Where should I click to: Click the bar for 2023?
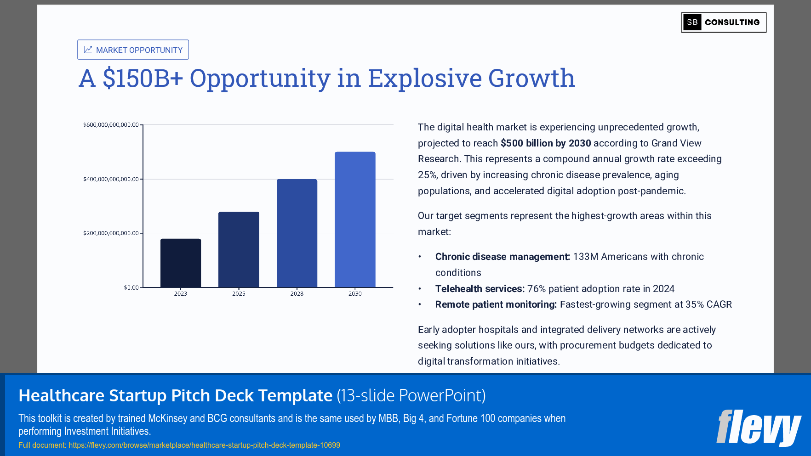tap(181, 263)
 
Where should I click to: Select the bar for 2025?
tap(239, 249)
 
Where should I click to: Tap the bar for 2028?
tap(297, 233)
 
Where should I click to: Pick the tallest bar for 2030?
tap(355, 220)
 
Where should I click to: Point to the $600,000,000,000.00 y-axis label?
tap(111, 125)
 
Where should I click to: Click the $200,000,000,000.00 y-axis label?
tap(111, 233)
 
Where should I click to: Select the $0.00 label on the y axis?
tap(131, 287)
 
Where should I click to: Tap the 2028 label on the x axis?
tap(297, 294)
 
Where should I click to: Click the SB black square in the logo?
tap(692, 23)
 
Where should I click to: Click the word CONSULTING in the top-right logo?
tap(732, 23)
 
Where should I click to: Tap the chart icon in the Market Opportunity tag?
tap(88, 50)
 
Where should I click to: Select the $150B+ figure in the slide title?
tap(143, 78)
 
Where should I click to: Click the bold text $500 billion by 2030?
tap(546, 143)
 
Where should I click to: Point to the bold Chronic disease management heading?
tap(503, 257)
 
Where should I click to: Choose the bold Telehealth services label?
tap(480, 289)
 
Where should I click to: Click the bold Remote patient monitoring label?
tap(496, 304)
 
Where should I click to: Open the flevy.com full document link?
tap(204, 445)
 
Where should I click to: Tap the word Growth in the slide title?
tap(531, 78)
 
